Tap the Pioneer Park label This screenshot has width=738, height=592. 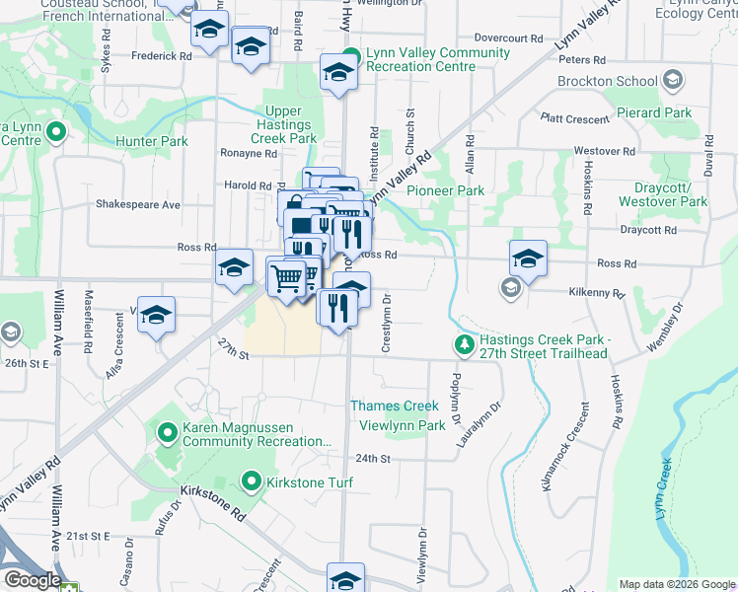pos(445,190)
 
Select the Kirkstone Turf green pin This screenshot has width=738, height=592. pos(251,482)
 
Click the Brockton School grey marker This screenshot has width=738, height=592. pos(673,80)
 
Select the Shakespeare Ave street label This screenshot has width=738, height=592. pos(137,204)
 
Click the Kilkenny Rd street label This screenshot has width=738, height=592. pos(597,293)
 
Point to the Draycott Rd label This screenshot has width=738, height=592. pos(648,230)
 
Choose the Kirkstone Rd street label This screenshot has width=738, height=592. pos(212,503)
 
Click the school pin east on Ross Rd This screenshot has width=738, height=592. pos(528,259)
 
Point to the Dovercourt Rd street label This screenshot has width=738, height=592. pos(509,37)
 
